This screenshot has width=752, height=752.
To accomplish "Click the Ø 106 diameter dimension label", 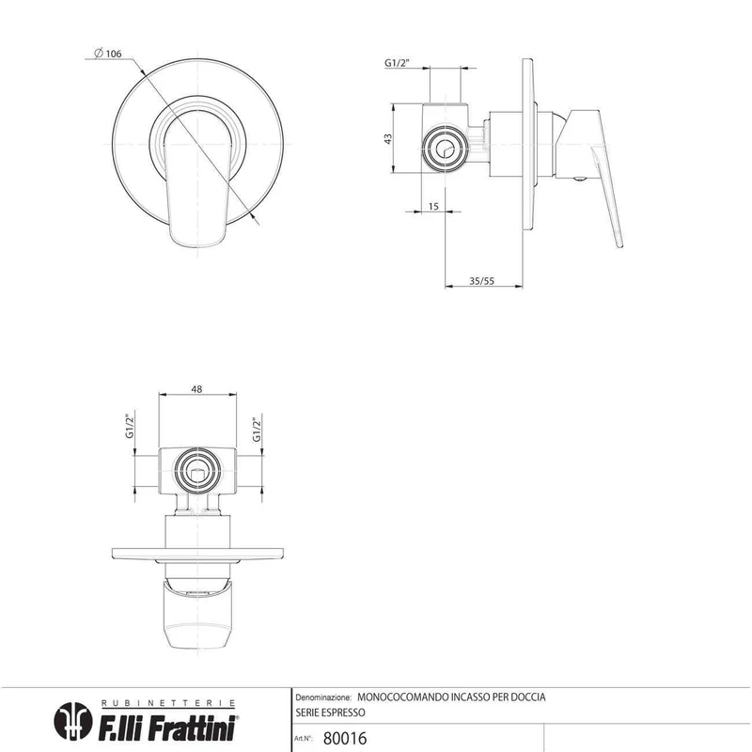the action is tap(108, 54).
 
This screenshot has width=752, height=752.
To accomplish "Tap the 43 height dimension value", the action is tap(388, 138).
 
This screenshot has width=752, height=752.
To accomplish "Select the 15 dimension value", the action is tap(433, 206).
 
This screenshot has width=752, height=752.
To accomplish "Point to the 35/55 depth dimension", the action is tap(481, 281).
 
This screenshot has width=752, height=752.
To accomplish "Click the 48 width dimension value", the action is tap(196, 389).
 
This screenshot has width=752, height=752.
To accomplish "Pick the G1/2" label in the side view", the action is tap(397, 63).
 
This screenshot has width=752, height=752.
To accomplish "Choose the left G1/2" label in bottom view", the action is tap(130, 426).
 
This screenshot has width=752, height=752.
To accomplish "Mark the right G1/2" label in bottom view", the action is tap(257, 430).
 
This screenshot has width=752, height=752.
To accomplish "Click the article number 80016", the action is tap(345, 738).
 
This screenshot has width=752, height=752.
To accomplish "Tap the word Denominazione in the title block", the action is tap(323, 697).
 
